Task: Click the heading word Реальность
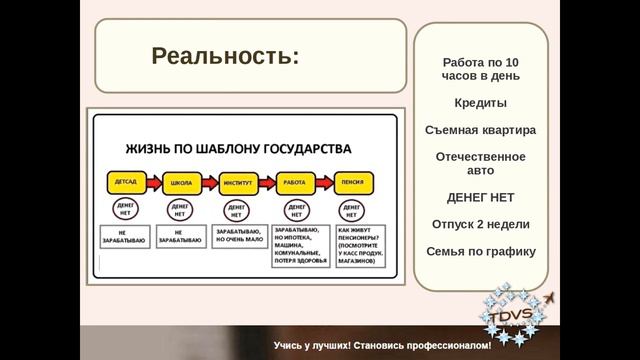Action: click(224, 56)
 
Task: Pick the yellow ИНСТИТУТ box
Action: click(237, 183)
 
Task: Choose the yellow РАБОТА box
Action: click(294, 183)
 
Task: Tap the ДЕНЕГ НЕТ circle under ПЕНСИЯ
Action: click(352, 211)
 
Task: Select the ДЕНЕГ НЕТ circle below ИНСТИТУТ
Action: click(237, 211)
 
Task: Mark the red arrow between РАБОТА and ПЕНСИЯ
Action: click(323, 183)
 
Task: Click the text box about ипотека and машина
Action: click(295, 247)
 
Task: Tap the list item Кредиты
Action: click(481, 103)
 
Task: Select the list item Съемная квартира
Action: click(481, 130)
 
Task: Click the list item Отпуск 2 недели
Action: click(481, 223)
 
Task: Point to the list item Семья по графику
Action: click(481, 251)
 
